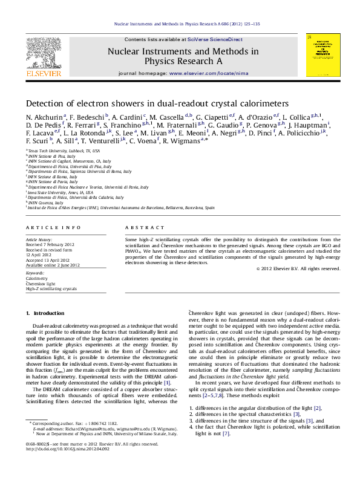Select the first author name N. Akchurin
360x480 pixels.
click(x=42, y=116)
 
